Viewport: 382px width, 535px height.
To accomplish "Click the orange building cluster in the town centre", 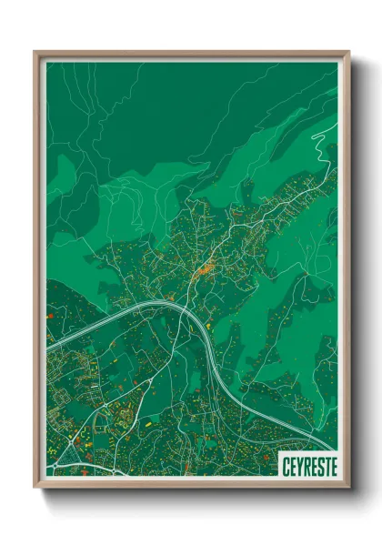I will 206,267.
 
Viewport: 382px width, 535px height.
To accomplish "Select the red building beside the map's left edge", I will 50,316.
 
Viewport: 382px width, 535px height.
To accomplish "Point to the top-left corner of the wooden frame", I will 35,53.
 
